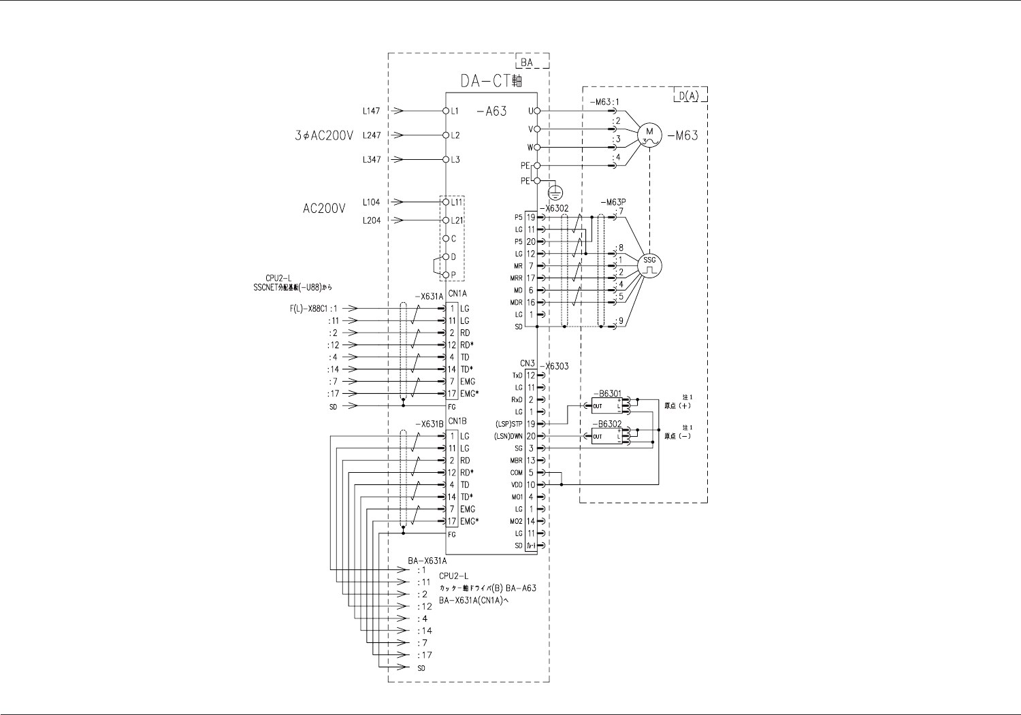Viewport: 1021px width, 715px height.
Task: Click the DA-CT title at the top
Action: (x=490, y=81)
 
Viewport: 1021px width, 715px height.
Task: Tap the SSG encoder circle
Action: (x=649, y=264)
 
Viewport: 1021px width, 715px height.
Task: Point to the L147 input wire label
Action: (x=371, y=110)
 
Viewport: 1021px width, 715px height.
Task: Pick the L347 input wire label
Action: (x=371, y=159)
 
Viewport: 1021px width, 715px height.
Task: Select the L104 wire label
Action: (x=371, y=202)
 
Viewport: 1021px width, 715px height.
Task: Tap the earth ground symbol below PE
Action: (x=555, y=192)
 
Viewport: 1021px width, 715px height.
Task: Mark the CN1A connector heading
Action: (x=457, y=293)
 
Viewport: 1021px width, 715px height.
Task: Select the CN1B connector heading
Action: (x=457, y=421)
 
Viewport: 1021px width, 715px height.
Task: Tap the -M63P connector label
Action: (x=613, y=203)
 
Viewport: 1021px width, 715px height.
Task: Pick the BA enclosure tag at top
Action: (x=527, y=63)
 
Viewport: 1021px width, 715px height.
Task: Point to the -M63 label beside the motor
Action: (x=683, y=135)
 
